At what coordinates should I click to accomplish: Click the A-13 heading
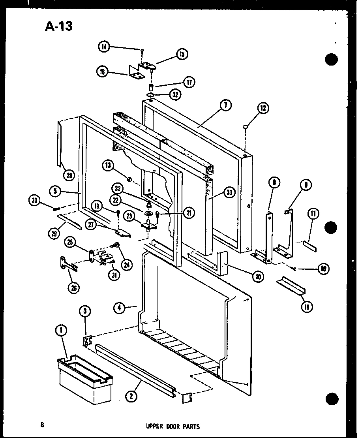(x=59, y=26)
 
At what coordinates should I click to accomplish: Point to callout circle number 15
(x=182, y=54)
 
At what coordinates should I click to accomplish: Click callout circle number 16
(x=102, y=71)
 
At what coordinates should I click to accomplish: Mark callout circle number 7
(x=226, y=105)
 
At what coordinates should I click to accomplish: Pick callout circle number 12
(x=263, y=107)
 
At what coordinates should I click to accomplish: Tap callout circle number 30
(x=34, y=201)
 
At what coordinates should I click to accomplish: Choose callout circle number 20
(x=258, y=276)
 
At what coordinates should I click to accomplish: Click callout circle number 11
(x=313, y=214)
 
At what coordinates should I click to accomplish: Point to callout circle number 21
(x=189, y=213)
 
